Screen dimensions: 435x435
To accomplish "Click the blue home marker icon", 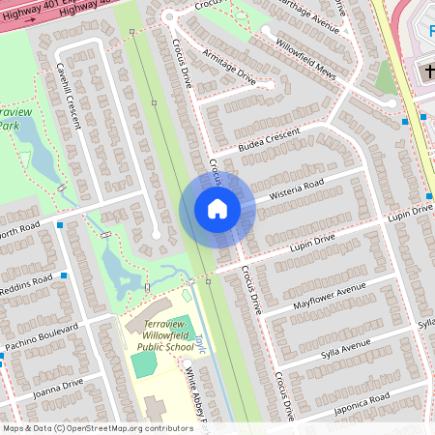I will click(x=217, y=209).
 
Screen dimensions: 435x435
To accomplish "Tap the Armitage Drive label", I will click(x=227, y=72).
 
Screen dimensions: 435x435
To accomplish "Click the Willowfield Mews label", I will click(x=304, y=47).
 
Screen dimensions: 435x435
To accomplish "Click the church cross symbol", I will click(x=427, y=73).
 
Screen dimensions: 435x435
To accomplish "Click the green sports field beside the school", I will click(x=143, y=364).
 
